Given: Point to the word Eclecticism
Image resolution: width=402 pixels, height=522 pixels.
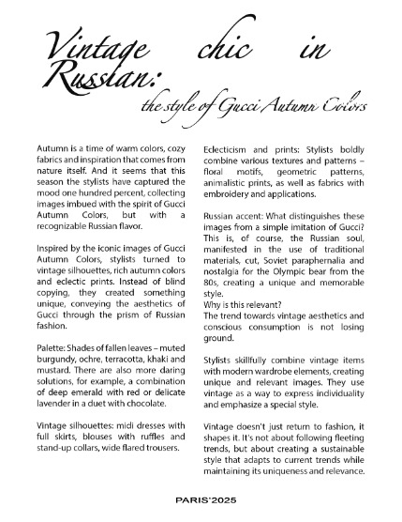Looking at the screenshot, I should (x=231, y=147).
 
